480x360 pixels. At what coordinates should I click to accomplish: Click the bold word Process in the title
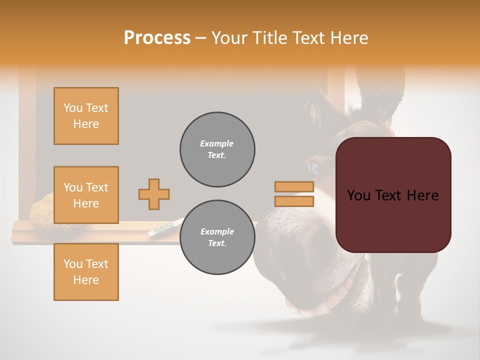coord(157,37)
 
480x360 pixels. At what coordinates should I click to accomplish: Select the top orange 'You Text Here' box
coord(86,116)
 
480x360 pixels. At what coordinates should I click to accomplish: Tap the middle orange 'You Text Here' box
coord(86,195)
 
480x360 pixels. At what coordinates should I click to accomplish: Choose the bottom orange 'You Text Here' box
coord(86,272)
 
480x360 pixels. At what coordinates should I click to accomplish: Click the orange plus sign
coord(154,194)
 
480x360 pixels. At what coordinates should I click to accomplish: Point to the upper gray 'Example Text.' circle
coord(217,149)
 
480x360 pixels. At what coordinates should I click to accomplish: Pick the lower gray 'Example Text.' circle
coord(217,237)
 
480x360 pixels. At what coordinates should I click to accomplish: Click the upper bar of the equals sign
coord(294,186)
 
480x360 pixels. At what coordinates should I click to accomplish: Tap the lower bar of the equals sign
coord(294,201)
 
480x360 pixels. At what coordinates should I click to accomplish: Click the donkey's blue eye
coord(315,168)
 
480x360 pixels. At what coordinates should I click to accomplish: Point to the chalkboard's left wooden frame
coord(27,140)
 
